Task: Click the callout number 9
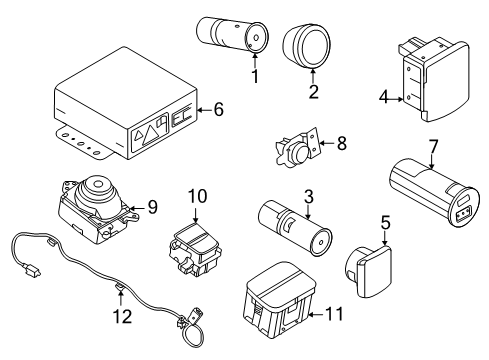point(153,207)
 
